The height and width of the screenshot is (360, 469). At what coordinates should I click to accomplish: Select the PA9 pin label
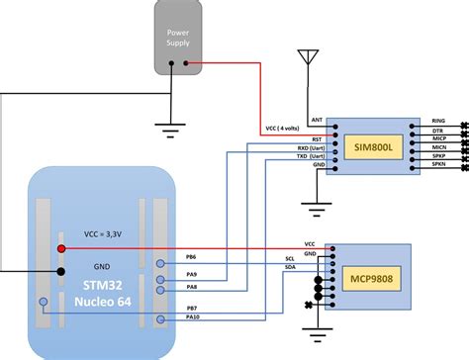pos(190,274)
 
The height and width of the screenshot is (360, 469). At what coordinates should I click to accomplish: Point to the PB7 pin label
pos(190,307)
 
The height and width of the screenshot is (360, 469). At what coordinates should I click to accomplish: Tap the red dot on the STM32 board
pos(61,248)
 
